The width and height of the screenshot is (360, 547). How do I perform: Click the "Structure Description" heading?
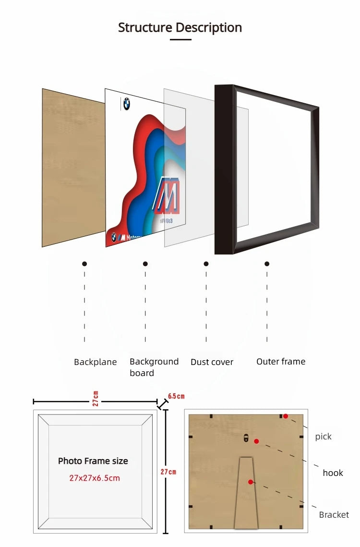tap(180, 27)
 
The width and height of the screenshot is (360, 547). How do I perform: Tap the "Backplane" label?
tap(96, 362)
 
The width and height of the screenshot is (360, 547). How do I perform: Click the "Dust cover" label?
tap(212, 362)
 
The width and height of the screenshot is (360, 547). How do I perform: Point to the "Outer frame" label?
tap(280, 362)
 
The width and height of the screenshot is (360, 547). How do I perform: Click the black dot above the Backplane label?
tap(84, 264)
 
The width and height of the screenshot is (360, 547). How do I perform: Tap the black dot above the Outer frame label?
tap(267, 264)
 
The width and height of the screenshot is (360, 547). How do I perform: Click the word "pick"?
tap(323, 437)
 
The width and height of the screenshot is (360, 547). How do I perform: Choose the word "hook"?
tap(333, 473)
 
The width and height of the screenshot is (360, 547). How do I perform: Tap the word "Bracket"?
tap(334, 515)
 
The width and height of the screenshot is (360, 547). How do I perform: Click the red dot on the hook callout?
tap(256, 441)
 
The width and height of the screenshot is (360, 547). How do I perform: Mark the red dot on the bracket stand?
tap(250, 482)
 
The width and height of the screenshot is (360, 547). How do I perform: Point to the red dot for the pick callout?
tap(285, 416)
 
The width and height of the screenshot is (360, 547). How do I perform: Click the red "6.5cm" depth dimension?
tap(176, 397)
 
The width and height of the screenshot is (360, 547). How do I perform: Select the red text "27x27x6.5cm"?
tap(95, 478)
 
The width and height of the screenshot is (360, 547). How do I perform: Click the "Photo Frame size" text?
tap(93, 461)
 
